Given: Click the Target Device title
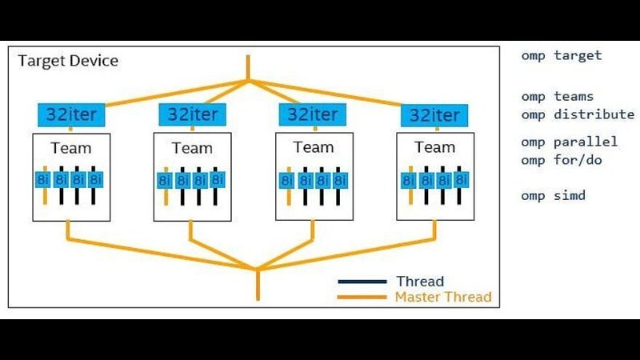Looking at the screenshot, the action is coord(68,61).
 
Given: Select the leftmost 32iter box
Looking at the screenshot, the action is coord(71,114).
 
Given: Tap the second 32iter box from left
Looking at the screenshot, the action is coord(192,114).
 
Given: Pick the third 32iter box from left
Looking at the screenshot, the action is coord(313,114).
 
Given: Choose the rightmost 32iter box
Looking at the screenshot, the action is coord(434,115).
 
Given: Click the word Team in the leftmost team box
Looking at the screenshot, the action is coord(71,148).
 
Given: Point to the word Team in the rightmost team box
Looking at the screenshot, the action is coord(434,147).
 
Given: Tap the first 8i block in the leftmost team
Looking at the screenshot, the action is coord(43,179).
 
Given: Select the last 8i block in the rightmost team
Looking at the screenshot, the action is coord(461,179).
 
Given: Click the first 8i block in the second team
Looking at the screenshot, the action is coord(165,180).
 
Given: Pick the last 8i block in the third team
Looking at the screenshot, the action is coord(339,180).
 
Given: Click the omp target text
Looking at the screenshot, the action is coord(562,55).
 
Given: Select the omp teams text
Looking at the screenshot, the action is coord(557,97).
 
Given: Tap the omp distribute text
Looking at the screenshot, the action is coord(578,114).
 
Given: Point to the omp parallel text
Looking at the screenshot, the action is coord(570,142).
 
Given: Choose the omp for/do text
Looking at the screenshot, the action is coord(562,160).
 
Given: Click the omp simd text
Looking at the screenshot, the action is coord(553,195).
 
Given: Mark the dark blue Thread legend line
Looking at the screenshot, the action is coord(362,282).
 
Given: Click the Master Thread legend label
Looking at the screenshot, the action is coord(443,297).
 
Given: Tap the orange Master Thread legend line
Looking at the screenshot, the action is coord(362,297).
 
